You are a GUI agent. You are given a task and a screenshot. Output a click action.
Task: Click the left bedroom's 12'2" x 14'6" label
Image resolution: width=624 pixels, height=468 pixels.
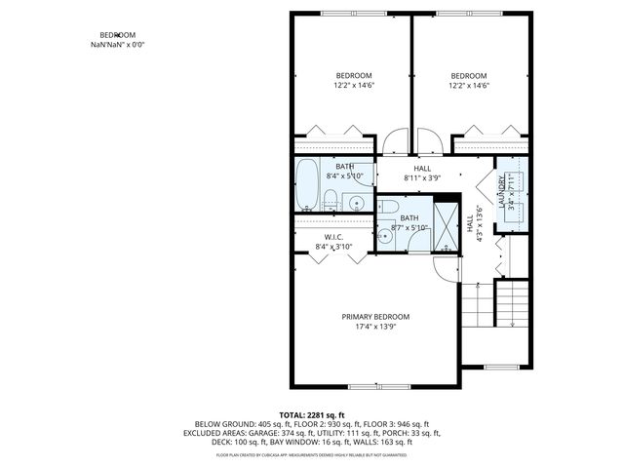click(354, 86)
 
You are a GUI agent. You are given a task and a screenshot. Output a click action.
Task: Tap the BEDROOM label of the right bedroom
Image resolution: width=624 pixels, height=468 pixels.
click(468, 76)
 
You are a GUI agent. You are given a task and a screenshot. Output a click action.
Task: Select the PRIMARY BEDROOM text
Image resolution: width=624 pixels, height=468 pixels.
click(375, 317)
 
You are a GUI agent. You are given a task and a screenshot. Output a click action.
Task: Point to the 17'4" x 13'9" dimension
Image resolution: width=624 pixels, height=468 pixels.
click(375, 328)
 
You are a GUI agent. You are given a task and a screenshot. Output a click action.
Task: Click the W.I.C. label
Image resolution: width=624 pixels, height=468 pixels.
click(333, 237)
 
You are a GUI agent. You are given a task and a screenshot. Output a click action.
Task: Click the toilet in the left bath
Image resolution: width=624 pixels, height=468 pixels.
click(331, 201)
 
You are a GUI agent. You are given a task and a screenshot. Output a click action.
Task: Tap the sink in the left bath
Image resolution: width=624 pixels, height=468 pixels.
click(356, 203)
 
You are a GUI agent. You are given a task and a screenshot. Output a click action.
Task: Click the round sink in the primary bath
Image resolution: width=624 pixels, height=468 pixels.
click(384, 235)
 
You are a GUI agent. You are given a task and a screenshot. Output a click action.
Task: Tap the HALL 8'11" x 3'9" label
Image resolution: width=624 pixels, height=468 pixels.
click(422, 174)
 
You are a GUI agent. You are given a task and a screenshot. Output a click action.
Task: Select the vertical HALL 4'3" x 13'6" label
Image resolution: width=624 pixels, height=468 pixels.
click(473, 224)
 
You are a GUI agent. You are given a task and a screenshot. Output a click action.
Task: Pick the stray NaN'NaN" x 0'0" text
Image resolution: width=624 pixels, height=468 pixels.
click(118, 45)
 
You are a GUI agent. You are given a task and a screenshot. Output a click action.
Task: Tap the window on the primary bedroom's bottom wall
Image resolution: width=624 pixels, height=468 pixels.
click(376, 388)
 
